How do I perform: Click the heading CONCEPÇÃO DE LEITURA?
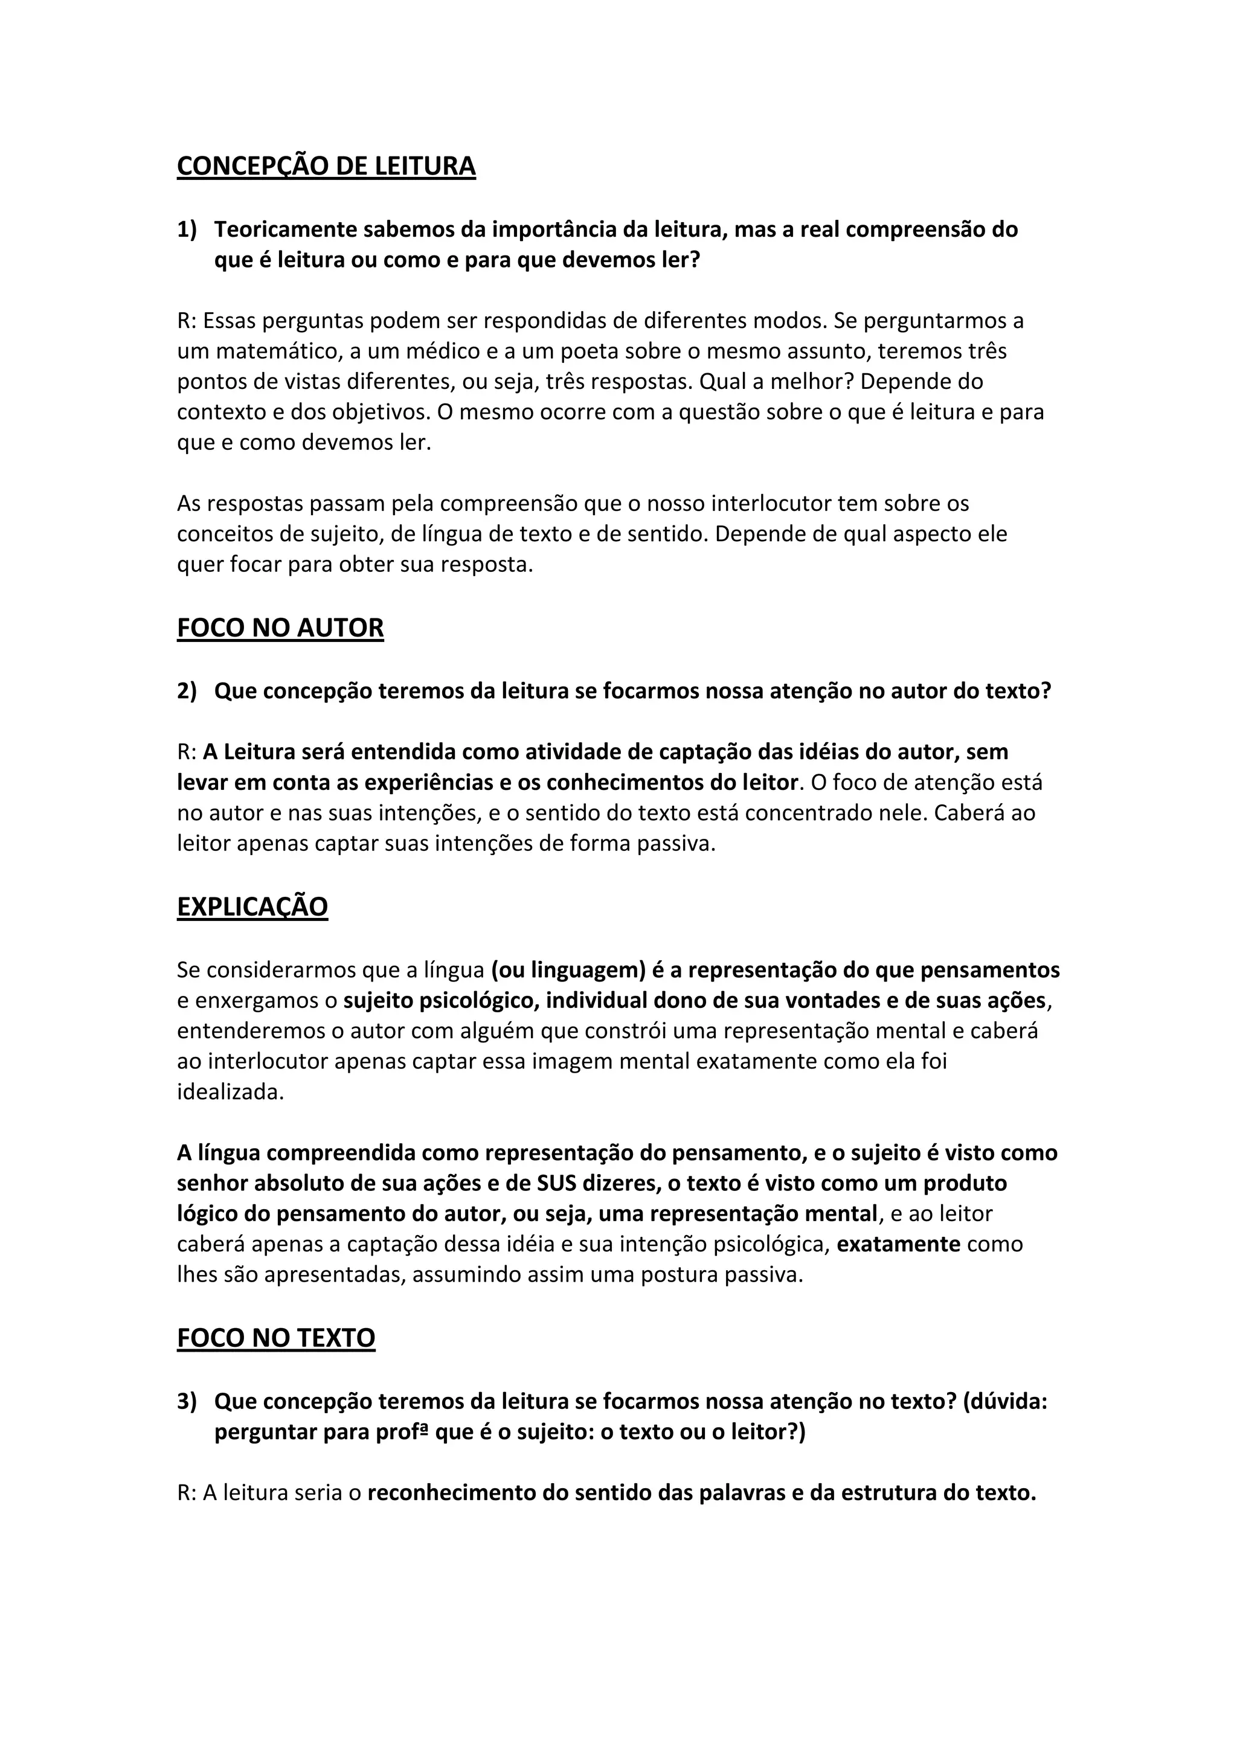[x=326, y=166]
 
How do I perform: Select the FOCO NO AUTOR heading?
[x=280, y=629]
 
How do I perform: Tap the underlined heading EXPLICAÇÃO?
[x=252, y=907]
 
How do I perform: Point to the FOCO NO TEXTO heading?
[x=276, y=1338]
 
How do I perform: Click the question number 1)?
[x=187, y=229]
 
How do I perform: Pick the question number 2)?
[x=187, y=691]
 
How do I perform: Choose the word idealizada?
[x=230, y=1093]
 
